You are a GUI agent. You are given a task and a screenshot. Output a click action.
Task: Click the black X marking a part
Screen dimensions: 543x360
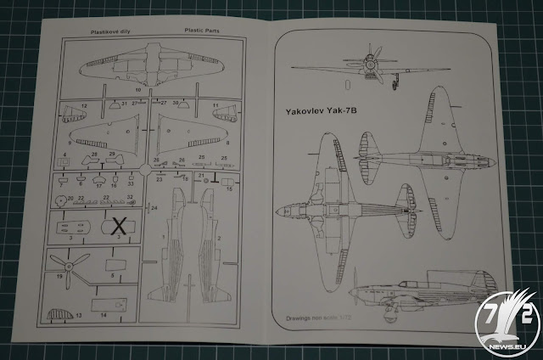tap(120, 226)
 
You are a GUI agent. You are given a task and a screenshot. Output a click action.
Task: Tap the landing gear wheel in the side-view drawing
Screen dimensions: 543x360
tap(380, 310)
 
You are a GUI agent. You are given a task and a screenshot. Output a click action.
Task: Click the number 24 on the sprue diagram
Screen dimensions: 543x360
tap(155, 207)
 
